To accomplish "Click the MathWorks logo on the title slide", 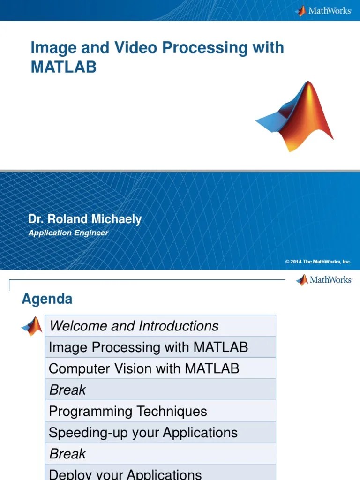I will [x=323, y=10].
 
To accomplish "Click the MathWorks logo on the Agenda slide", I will [x=324, y=280].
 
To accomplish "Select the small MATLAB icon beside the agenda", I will [x=32, y=326].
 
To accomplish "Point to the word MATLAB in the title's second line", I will [x=63, y=67].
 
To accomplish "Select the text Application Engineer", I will [x=68, y=233].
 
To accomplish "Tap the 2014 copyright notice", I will [x=318, y=262].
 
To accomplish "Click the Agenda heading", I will [x=47, y=299].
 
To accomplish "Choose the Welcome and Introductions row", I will [x=160, y=326].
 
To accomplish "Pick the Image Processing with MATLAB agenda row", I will [x=160, y=347].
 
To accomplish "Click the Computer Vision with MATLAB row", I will [x=160, y=368].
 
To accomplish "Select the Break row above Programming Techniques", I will [x=160, y=390].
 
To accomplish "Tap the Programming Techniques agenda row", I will [x=160, y=411].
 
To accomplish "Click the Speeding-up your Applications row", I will [x=160, y=432].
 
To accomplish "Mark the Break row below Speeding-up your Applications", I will [x=160, y=453].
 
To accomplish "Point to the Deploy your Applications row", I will [x=160, y=473].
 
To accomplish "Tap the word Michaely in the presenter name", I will [x=116, y=219].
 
